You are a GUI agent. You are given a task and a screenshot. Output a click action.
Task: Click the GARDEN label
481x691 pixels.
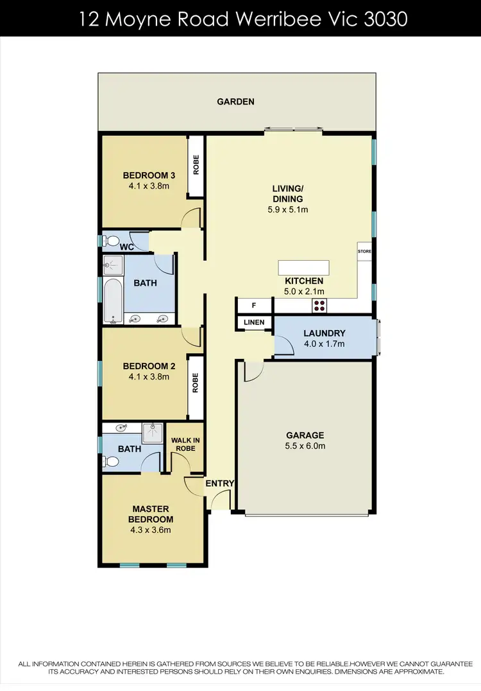[235, 101]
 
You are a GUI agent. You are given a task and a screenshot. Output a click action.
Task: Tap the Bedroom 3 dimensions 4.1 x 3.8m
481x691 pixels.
[146, 187]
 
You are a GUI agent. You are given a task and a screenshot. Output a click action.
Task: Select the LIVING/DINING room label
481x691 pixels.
[287, 193]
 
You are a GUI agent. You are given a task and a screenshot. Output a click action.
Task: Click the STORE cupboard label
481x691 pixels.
[364, 251]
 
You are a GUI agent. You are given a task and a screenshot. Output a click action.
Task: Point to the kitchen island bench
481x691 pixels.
[303, 267]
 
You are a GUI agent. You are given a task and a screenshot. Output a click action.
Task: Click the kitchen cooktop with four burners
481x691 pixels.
[319, 306]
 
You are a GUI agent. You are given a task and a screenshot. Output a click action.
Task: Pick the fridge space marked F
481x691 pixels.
[254, 306]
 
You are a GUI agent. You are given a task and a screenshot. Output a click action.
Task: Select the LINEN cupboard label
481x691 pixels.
[254, 322]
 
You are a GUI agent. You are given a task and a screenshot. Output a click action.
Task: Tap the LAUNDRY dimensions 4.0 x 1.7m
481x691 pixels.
[324, 344]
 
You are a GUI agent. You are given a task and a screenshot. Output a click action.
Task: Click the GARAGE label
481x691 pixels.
[305, 435]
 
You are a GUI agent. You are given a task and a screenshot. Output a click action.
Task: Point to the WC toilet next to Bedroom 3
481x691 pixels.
[112, 241]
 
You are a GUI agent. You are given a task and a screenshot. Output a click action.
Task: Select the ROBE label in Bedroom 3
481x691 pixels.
[196, 166]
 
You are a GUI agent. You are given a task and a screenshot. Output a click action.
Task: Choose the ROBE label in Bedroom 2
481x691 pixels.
[196, 383]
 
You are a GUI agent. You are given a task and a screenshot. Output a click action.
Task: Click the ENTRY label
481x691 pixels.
[220, 484]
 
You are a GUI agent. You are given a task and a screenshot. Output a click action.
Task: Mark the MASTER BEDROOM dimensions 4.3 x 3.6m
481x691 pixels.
[151, 530]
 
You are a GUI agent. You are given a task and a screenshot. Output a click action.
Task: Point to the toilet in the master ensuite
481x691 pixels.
[111, 460]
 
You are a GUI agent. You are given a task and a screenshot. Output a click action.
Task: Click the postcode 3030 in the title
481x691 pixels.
[385, 19]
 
